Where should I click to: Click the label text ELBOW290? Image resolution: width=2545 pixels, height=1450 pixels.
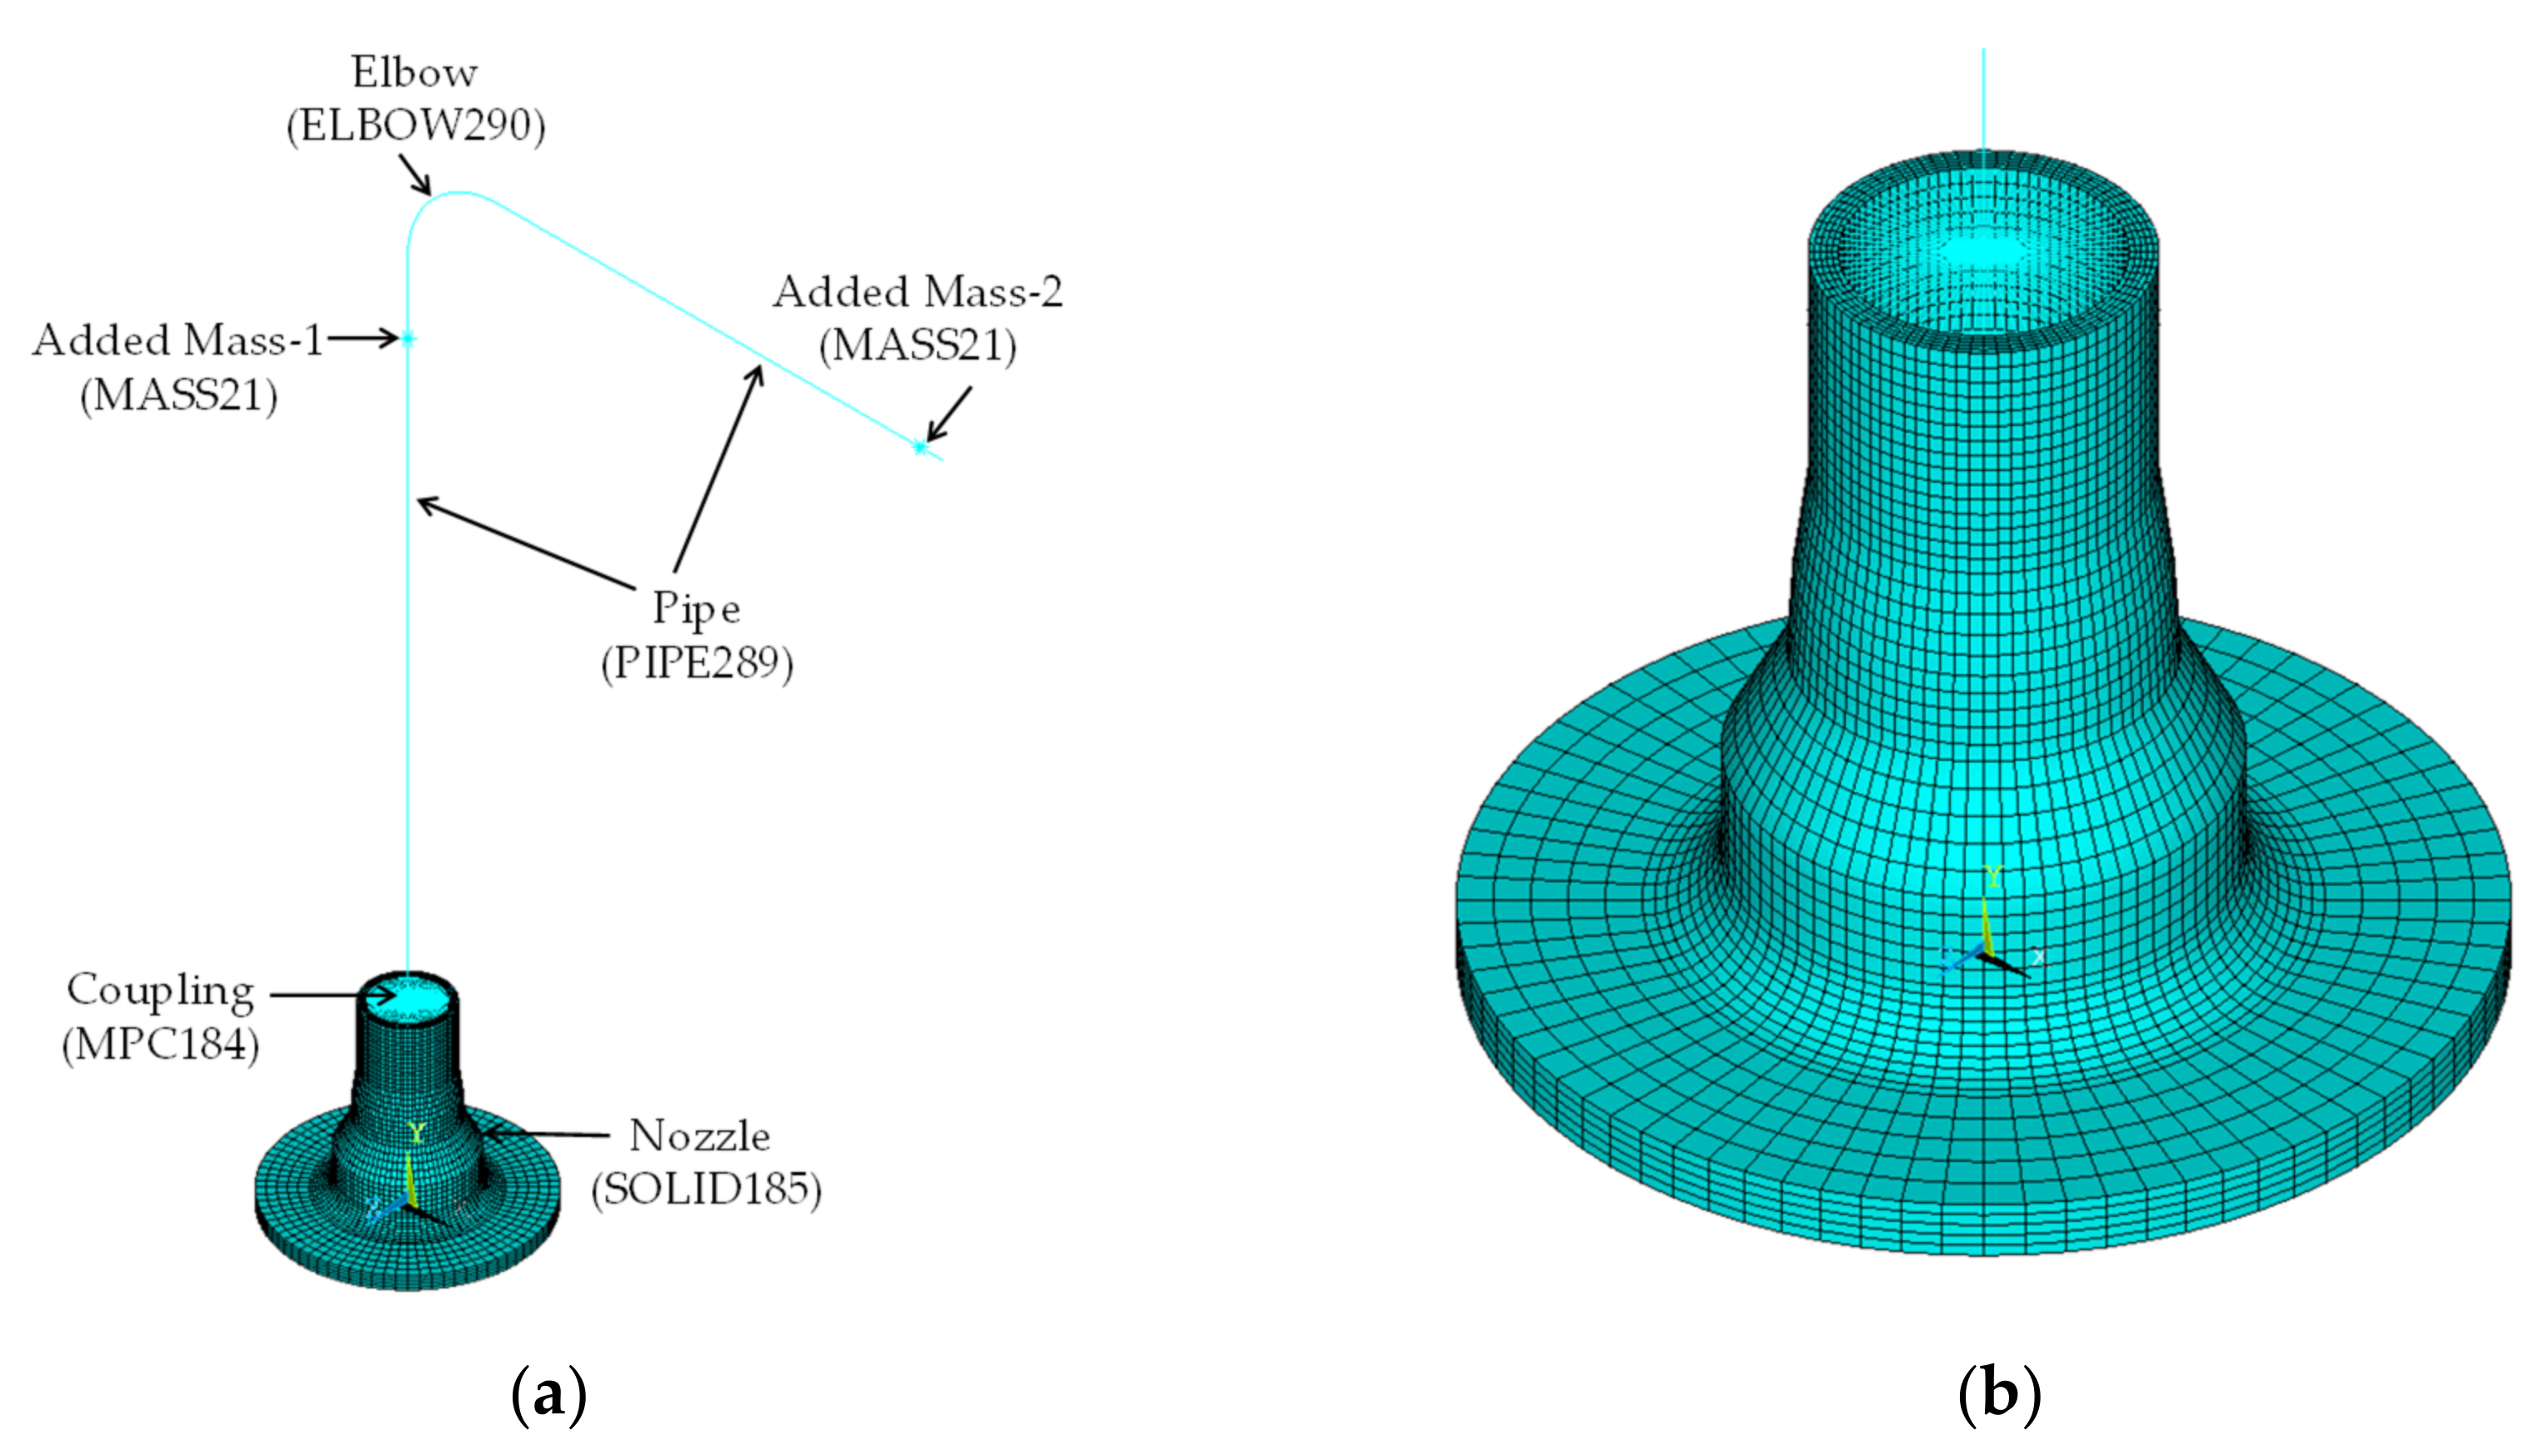pos(416,127)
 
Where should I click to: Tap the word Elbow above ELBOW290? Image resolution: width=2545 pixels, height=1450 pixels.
pos(414,72)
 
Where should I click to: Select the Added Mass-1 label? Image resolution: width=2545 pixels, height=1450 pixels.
pos(177,340)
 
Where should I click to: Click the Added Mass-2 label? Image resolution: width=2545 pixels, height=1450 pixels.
pos(917,292)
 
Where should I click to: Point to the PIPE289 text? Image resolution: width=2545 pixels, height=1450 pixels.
pos(697,663)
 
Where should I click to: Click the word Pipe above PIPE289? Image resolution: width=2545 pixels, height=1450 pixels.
pos(696,608)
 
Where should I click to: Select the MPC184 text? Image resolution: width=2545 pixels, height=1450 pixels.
pos(161,1045)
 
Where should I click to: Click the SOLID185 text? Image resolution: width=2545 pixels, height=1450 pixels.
pos(706,1189)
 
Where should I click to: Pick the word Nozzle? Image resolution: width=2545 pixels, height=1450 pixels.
pos(700,1135)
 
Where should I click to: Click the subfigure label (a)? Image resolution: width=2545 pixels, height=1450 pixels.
pos(548,1395)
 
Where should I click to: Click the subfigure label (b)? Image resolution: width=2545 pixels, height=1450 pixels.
pos(1998,1395)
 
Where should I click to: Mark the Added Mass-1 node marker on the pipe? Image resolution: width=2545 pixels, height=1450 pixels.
pos(409,340)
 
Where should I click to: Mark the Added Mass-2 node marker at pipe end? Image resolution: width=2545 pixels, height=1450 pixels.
pos(920,448)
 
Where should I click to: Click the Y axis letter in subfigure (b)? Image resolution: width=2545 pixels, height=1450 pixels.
pos(1992,876)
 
